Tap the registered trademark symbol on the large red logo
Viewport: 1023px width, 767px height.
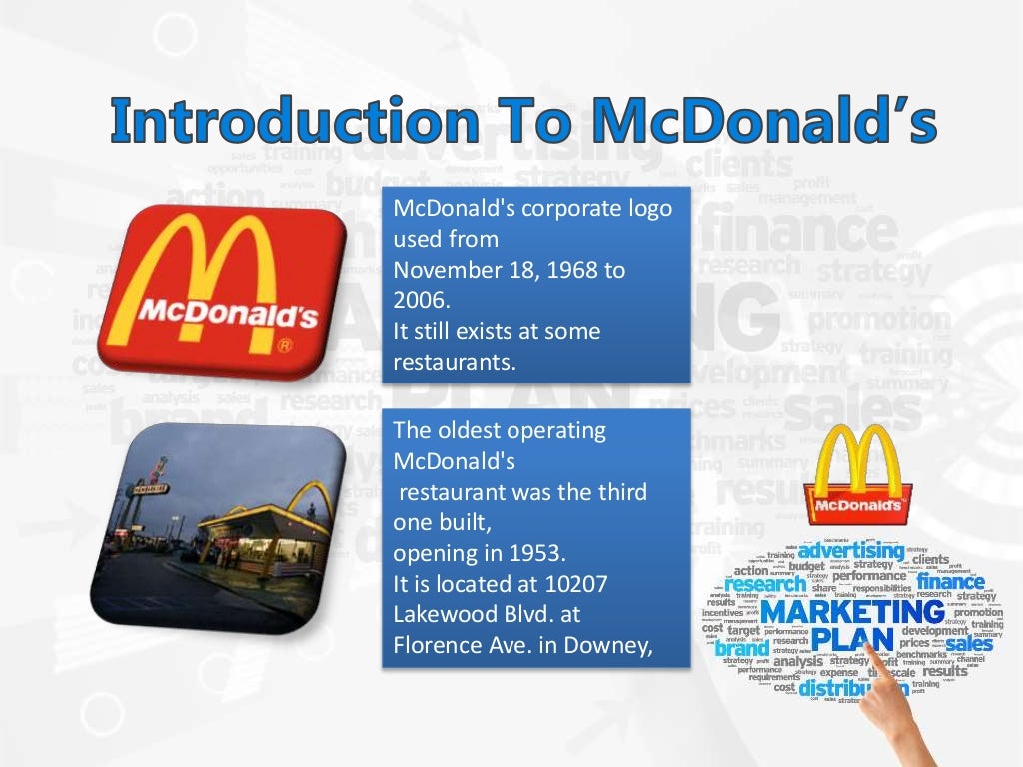(x=284, y=346)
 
